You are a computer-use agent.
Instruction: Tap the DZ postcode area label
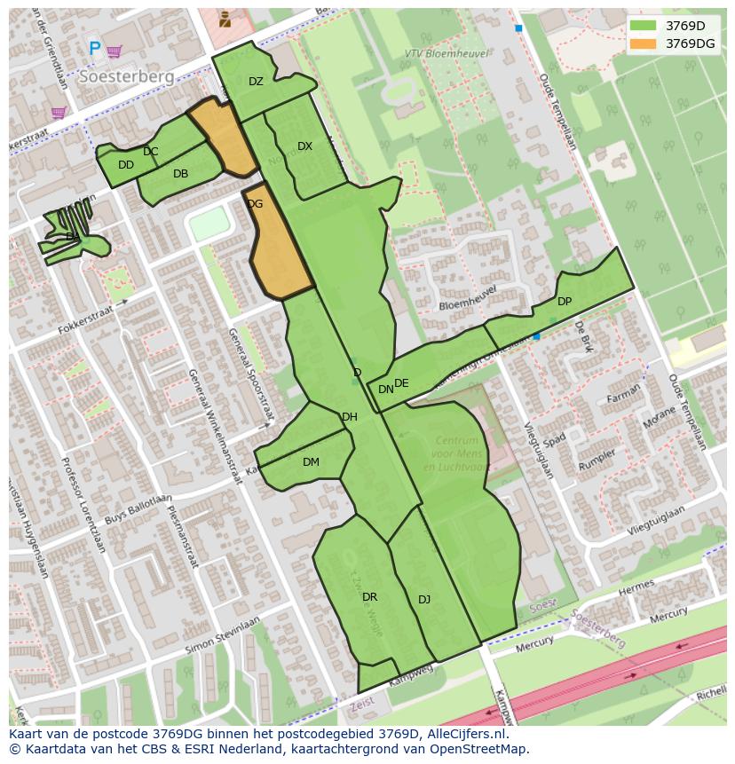256,82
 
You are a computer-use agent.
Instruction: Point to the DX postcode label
304,146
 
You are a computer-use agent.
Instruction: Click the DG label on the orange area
255,204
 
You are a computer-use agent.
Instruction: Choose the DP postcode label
565,302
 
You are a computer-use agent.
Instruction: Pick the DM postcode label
311,462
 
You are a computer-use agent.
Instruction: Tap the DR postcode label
370,597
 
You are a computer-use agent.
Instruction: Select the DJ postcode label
424,600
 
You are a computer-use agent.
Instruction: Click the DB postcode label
180,174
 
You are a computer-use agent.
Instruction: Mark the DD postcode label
126,165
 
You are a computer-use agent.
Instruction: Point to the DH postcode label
350,417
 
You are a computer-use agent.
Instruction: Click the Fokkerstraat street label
87,318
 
